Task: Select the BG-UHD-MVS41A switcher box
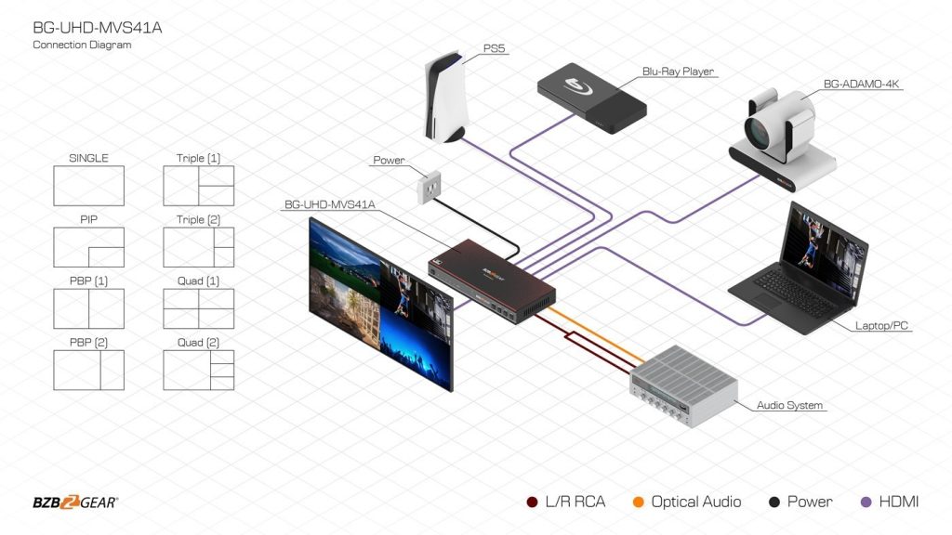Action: pyautogui.click(x=491, y=274)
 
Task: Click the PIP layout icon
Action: pyautogui.click(x=88, y=247)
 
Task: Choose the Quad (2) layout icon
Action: pyautogui.click(x=198, y=370)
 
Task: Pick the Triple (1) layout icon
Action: pyautogui.click(x=198, y=186)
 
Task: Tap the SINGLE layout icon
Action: pyautogui.click(x=88, y=186)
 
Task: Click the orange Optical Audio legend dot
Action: pyautogui.click(x=638, y=502)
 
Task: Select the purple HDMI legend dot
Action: pyautogui.click(x=866, y=502)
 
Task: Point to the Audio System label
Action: pyautogui.click(x=790, y=406)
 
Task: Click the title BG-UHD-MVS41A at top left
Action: pyautogui.click(x=97, y=28)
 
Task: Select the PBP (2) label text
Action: pyautogui.click(x=88, y=342)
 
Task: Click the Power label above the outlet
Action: pyautogui.click(x=389, y=160)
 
